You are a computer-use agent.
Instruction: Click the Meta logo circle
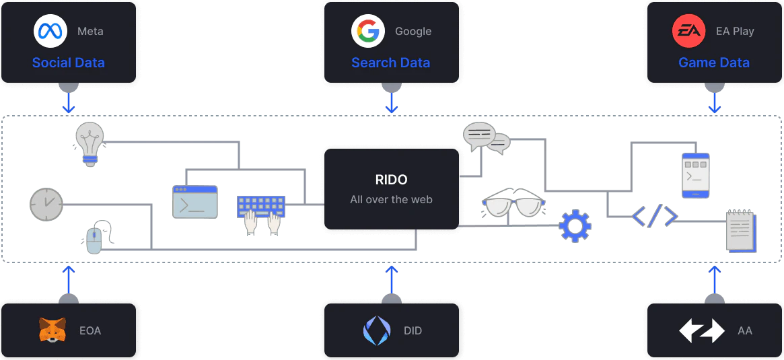point(50,32)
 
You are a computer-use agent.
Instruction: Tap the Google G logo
point(367,32)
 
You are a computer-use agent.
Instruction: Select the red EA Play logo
point(688,32)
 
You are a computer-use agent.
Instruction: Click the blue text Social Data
point(69,63)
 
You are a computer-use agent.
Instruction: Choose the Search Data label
point(390,63)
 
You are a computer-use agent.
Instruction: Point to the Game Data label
point(713,63)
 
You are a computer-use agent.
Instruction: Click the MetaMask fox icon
point(52,330)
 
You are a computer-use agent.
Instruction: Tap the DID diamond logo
point(376,330)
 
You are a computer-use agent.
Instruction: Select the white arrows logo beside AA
point(701,330)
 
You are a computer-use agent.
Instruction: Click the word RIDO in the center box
point(391,180)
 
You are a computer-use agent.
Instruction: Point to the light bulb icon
point(90,143)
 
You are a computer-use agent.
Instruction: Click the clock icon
point(46,204)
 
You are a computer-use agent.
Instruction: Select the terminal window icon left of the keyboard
point(195,202)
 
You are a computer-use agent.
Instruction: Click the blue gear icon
point(575,226)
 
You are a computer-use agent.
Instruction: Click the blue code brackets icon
point(654,217)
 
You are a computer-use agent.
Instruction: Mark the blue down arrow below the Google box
point(391,104)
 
